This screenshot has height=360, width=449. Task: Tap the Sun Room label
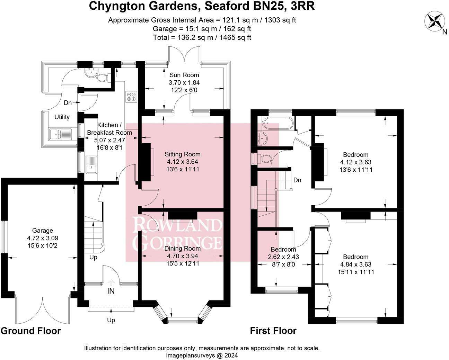click(184, 75)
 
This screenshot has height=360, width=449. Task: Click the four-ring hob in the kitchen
click(131, 97)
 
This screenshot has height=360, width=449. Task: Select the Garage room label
click(43, 231)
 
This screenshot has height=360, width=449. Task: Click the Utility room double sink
click(60, 134)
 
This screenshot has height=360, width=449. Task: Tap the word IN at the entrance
click(111, 291)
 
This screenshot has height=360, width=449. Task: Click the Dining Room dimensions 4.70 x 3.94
click(184, 256)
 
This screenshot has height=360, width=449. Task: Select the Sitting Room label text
click(183, 154)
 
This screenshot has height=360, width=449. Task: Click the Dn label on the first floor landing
click(297, 180)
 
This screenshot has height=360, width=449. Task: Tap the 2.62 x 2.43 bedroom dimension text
click(283, 257)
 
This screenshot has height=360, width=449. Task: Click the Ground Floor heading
click(30, 331)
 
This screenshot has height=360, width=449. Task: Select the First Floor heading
click(273, 331)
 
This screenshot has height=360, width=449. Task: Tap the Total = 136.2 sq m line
click(202, 37)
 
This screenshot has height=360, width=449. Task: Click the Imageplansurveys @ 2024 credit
click(202, 355)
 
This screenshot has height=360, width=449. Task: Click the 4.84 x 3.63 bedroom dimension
click(356, 264)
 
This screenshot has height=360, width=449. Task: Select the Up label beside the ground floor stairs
click(93, 258)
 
